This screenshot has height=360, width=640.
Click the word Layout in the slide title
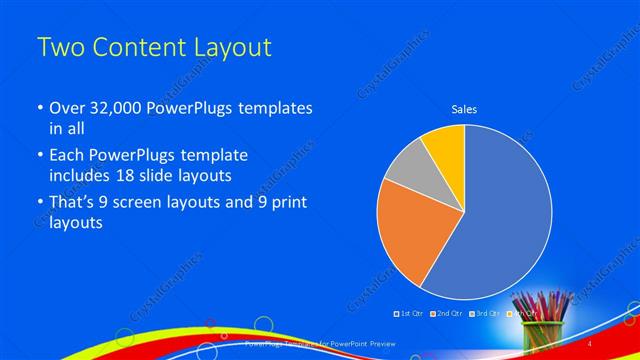click(x=228, y=48)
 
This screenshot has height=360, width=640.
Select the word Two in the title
click(x=59, y=48)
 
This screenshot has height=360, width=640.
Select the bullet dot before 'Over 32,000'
click(x=39, y=108)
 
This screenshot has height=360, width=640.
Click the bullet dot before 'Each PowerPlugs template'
click(x=39, y=156)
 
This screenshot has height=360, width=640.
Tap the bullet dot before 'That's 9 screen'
click(x=39, y=203)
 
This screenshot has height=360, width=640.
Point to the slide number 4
click(x=590, y=343)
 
